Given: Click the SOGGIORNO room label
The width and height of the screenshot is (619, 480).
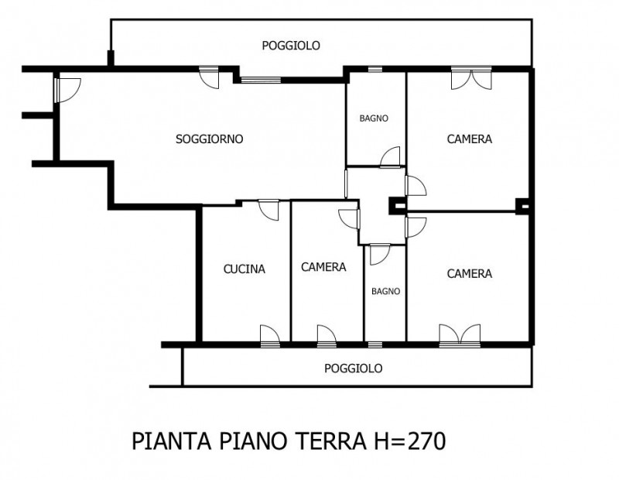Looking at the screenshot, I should tap(209, 139).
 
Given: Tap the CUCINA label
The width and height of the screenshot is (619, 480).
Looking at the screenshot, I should tap(245, 269).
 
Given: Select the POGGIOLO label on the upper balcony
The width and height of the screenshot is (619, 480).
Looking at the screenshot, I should tap(291, 46).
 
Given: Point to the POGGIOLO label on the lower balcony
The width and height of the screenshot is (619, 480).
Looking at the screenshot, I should tap(353, 369).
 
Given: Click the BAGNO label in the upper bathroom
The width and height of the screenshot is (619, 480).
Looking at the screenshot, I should tap(374, 118).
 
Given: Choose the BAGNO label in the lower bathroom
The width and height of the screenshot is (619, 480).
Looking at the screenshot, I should tap(385, 292).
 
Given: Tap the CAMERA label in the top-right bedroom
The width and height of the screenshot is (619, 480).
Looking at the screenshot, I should tap(470, 139).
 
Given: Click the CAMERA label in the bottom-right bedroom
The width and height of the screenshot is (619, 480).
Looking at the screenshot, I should tap(470, 273).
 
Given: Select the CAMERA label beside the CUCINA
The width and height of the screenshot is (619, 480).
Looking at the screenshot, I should tap(323, 267).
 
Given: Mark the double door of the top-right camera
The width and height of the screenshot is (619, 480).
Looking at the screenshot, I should tap(470, 77).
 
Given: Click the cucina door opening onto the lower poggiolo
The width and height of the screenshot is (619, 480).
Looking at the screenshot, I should tap(269, 334).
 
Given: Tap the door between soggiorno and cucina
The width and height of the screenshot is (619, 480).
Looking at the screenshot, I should tap(268, 209).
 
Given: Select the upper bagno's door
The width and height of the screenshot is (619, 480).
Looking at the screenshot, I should tap(391, 157).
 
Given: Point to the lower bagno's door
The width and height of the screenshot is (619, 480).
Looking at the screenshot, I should tap(380, 254).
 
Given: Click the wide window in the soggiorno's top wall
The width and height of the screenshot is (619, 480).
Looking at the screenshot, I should tap(262, 78).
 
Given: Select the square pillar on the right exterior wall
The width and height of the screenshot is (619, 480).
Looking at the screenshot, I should tap(523, 206).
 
